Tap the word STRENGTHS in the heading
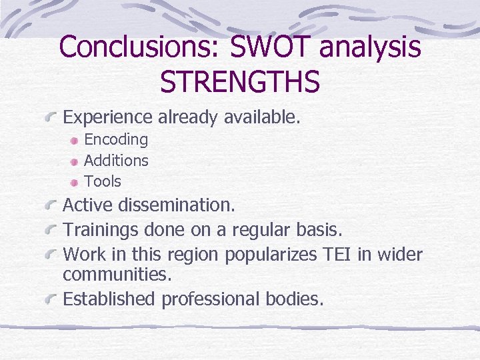click(240, 81)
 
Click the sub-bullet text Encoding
click(116, 139)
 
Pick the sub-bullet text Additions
click(116, 161)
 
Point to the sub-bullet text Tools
click(103, 181)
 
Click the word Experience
click(107, 118)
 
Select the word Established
click(109, 299)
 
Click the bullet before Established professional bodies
click(51, 301)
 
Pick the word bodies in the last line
click(297, 299)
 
